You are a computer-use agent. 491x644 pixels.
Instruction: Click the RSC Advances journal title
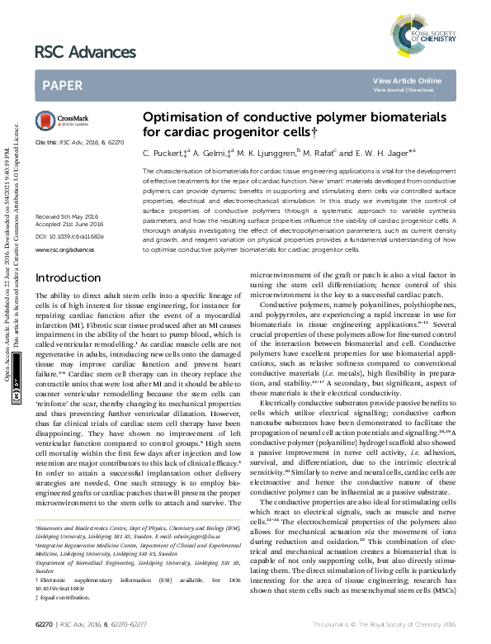coord(85,53)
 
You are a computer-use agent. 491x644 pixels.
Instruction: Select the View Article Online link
coord(407,80)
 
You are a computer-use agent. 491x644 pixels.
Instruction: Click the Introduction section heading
coord(68,254)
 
